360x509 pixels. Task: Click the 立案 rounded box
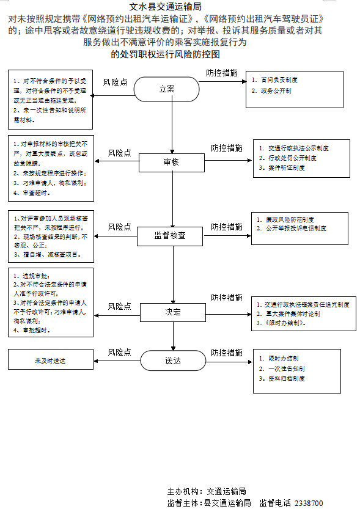coord(167,89)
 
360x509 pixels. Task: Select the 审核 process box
coord(172,163)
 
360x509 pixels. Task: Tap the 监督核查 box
coord(173,235)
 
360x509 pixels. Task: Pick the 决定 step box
coord(173,312)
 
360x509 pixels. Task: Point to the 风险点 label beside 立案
coord(115,82)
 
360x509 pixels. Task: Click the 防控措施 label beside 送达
coord(227,353)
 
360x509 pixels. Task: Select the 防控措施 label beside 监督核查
coord(227,227)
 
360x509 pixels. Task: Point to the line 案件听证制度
coord(288,167)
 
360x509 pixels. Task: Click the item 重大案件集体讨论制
coord(293,313)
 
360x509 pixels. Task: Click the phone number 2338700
coord(309,503)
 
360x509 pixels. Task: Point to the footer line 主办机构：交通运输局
coord(206,491)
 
